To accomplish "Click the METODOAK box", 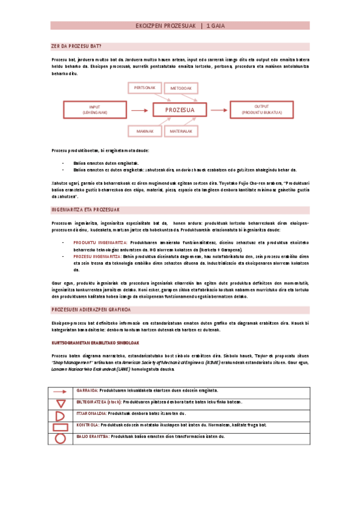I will (180, 88).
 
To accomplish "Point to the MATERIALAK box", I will (180, 131).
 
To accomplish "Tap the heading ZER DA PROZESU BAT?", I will (76, 46).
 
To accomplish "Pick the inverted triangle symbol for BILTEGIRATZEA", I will (59, 402).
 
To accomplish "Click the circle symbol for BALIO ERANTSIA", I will (59, 438).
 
